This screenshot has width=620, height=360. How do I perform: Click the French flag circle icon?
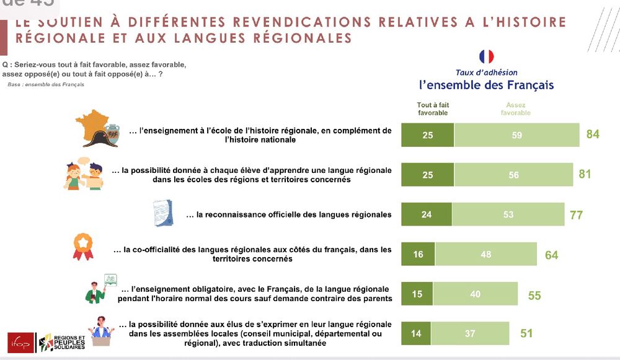(x=487, y=57)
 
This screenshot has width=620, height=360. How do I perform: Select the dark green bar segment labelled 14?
(x=416, y=333)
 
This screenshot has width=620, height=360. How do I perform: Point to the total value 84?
(x=592, y=134)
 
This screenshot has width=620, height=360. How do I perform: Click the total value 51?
(x=527, y=333)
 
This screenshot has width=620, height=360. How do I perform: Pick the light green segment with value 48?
(x=485, y=254)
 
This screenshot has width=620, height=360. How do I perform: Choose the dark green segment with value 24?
(x=427, y=214)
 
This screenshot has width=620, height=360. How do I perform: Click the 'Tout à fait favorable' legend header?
(x=432, y=109)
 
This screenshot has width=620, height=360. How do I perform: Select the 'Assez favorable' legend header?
(x=515, y=109)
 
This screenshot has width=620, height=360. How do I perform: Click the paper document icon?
(x=162, y=213)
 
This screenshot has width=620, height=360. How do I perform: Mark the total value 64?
(x=551, y=255)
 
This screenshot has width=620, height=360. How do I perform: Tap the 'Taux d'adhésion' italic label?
(x=486, y=72)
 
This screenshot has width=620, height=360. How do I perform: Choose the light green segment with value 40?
(x=475, y=294)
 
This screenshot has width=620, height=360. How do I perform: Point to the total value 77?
(x=576, y=215)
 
